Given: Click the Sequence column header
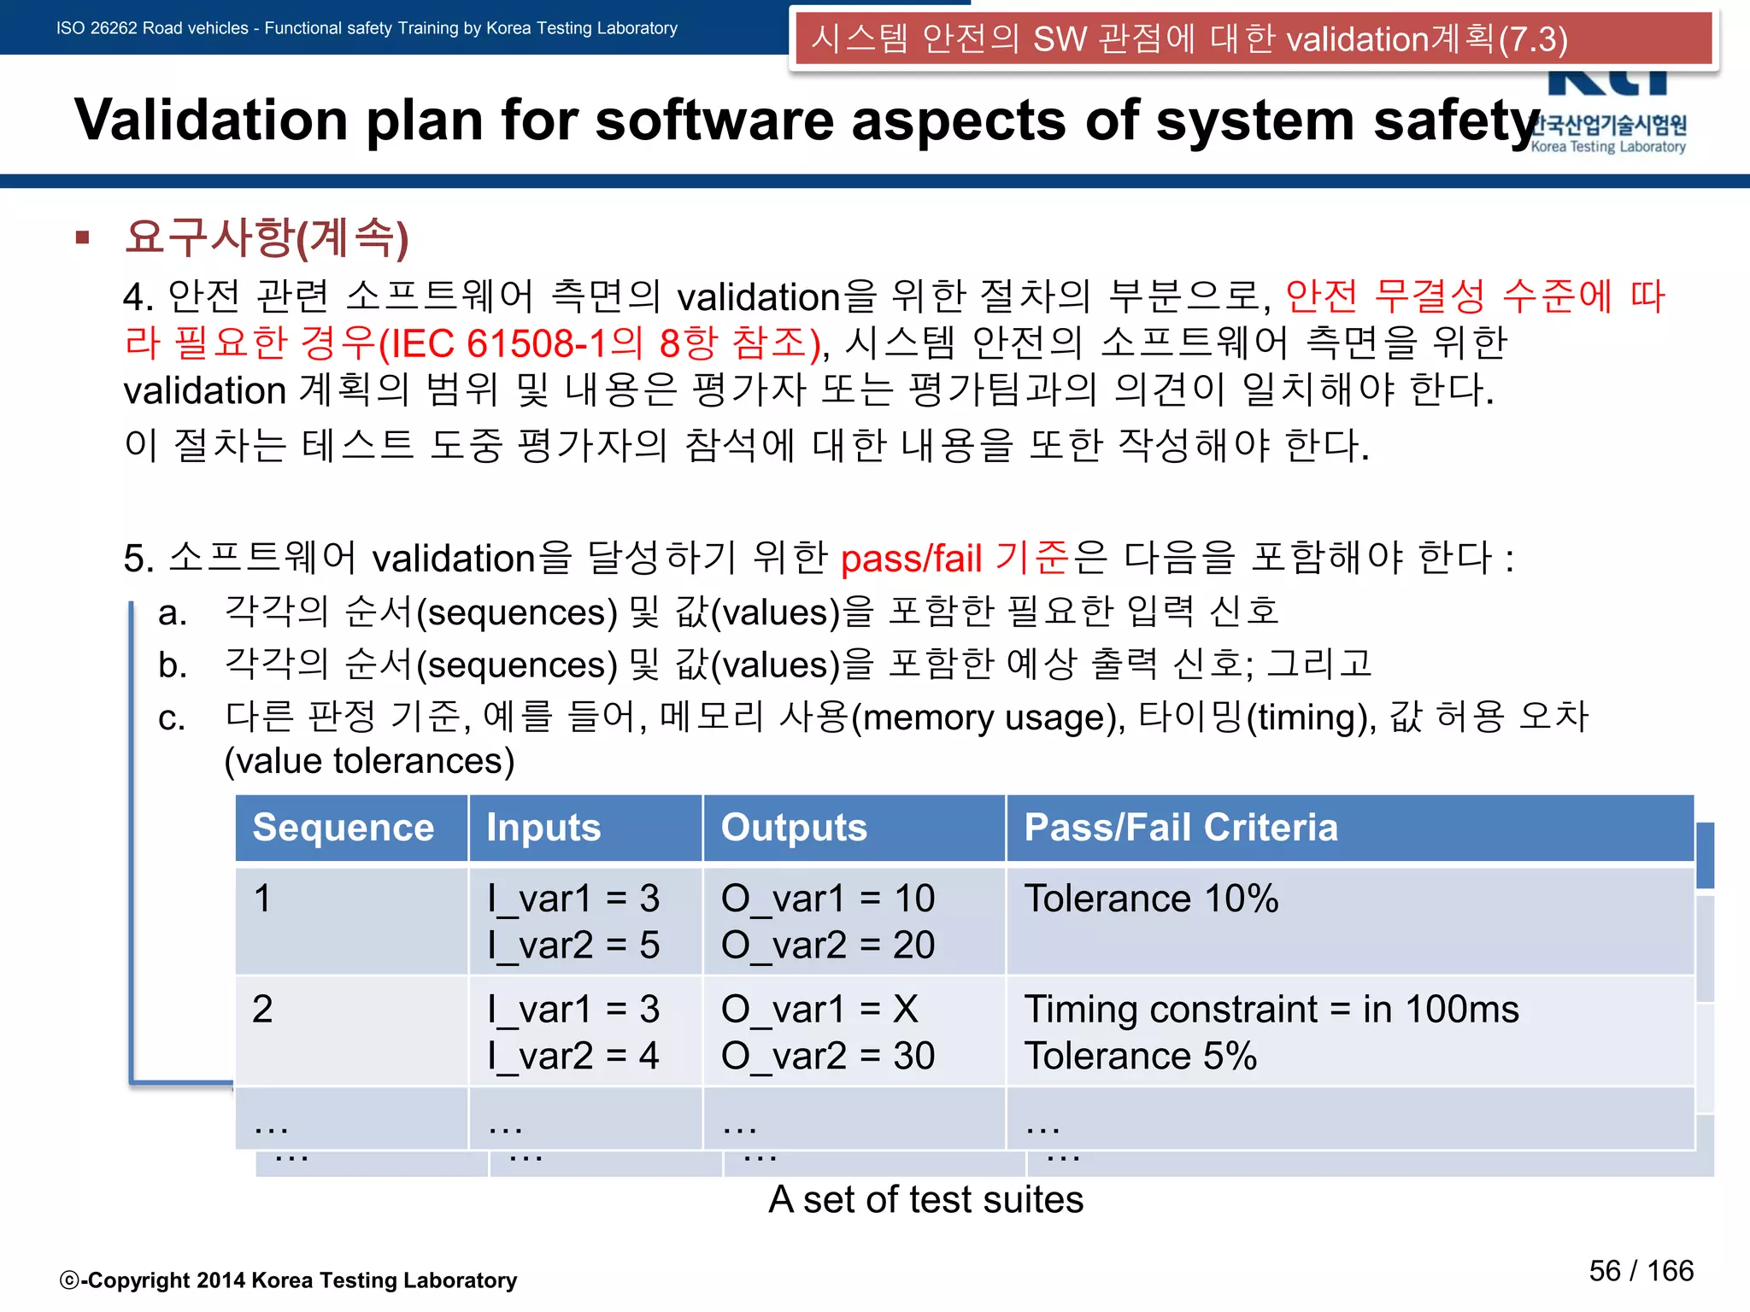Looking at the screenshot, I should point(344,828).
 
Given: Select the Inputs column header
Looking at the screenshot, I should point(543,828).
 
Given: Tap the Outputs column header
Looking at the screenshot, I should point(794,828).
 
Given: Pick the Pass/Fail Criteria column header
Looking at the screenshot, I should point(1181,828).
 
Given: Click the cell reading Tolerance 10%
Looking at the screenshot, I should point(1151,899).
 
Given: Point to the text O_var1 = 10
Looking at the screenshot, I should point(827,899).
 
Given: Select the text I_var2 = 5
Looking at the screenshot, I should point(573,946).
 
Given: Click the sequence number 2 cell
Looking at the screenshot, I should point(262,1010).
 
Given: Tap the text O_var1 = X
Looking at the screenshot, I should point(819,1010).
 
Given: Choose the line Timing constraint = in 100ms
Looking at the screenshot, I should point(1271,1010).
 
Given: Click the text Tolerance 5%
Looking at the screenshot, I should point(1140,1057).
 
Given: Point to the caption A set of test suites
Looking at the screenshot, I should point(925,1200).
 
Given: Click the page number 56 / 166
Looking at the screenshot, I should point(1641,1271).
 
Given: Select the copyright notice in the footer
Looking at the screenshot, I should point(289,1280).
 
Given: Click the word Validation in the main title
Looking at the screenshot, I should point(211,120).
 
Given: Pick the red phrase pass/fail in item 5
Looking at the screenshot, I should point(912,559).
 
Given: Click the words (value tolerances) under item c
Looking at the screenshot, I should point(369,761).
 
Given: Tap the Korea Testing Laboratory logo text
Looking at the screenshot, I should point(1608,147).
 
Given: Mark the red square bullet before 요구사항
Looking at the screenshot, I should point(83,237).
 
